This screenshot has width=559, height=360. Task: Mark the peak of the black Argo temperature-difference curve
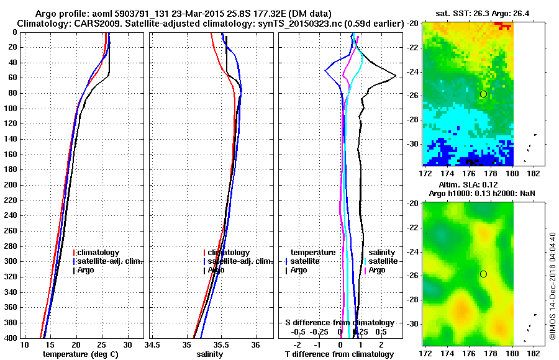[396, 76]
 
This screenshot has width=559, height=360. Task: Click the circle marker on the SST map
[483, 94]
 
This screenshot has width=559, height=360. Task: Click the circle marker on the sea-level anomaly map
[483, 274]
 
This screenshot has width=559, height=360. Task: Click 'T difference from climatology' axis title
[339, 354]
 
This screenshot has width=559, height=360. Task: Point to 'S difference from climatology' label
[339, 323]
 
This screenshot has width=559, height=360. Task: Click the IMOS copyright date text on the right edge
[552, 286]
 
